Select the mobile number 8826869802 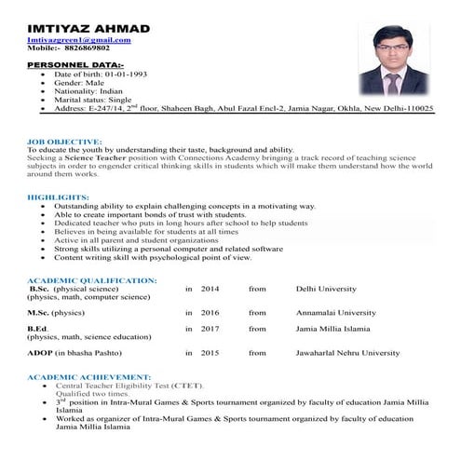coord(96,49)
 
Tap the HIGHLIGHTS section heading coord(57,197)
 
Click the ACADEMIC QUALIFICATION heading coord(91,280)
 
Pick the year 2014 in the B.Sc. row coord(210,290)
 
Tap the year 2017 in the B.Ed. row coord(210,329)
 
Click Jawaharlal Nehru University coord(347,353)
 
